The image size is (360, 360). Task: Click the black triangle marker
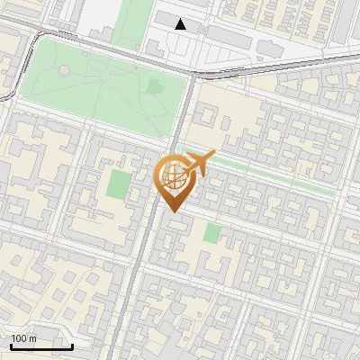point(181,24)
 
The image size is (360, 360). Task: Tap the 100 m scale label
point(24,338)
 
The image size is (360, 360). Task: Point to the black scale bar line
point(42,346)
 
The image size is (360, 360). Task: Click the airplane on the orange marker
point(197,163)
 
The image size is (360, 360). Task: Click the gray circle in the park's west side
point(64,70)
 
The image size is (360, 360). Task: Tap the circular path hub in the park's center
point(105,76)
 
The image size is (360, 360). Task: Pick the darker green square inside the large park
point(157,88)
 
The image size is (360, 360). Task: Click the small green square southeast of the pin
point(211,233)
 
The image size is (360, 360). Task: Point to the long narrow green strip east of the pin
point(270,175)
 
